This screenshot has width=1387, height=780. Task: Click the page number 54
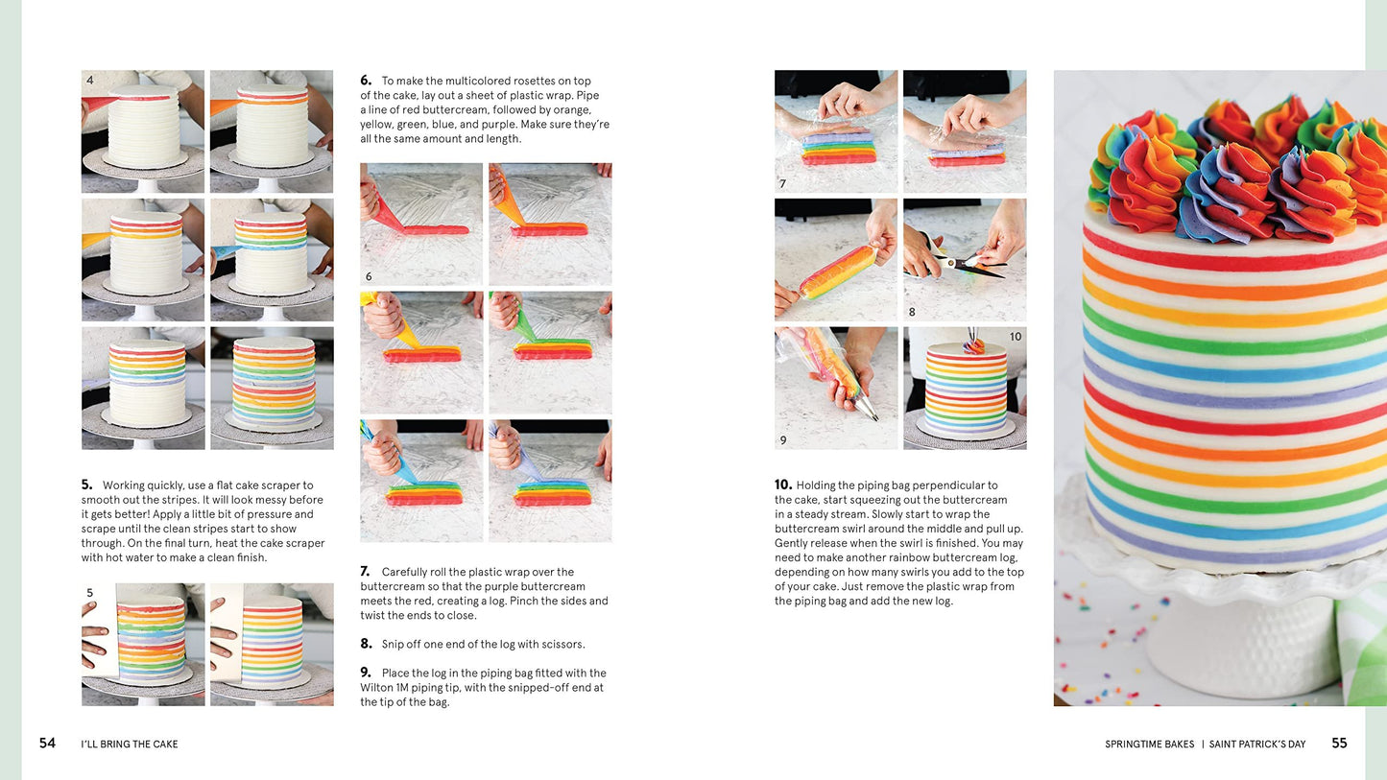pyautogui.click(x=47, y=743)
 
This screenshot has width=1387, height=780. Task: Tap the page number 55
pyautogui.click(x=1339, y=743)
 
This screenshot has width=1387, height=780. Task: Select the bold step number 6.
pyautogui.click(x=366, y=81)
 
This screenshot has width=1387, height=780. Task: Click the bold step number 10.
pyautogui.click(x=783, y=485)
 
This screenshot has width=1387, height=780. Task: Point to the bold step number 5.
pyautogui.click(x=86, y=485)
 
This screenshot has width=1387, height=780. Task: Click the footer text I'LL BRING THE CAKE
pyautogui.click(x=130, y=745)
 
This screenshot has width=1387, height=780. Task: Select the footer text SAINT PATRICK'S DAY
pyautogui.click(x=1257, y=745)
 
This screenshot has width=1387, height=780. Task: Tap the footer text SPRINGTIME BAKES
pyautogui.click(x=1150, y=745)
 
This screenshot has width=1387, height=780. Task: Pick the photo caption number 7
pyautogui.click(x=782, y=184)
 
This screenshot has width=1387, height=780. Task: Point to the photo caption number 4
pyautogui.click(x=90, y=80)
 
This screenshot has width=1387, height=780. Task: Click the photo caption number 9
pyautogui.click(x=783, y=440)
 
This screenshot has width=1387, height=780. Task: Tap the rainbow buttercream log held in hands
pyautogui.click(x=837, y=272)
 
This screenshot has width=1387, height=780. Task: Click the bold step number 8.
pyautogui.click(x=366, y=644)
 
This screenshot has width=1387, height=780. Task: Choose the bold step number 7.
pyautogui.click(x=366, y=572)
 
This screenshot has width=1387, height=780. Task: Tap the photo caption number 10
pyautogui.click(x=1016, y=336)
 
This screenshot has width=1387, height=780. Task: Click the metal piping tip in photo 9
pyautogui.click(x=867, y=410)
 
